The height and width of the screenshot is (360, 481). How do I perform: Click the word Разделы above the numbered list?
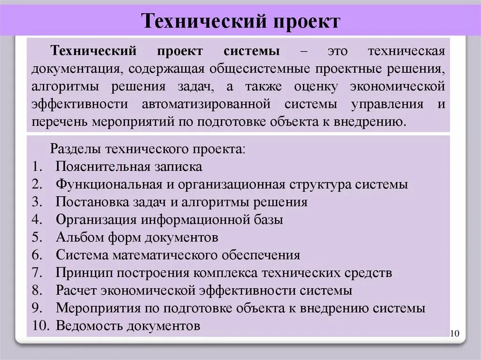pos(76,149)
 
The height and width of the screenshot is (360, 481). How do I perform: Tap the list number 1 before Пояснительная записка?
pos(37,167)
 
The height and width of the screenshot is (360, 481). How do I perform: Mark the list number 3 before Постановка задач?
pos(38,202)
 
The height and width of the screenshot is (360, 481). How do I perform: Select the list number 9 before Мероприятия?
pos(38,308)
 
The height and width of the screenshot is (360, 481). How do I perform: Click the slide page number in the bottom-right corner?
pos(454,334)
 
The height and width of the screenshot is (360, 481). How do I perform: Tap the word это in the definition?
pos(338,51)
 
